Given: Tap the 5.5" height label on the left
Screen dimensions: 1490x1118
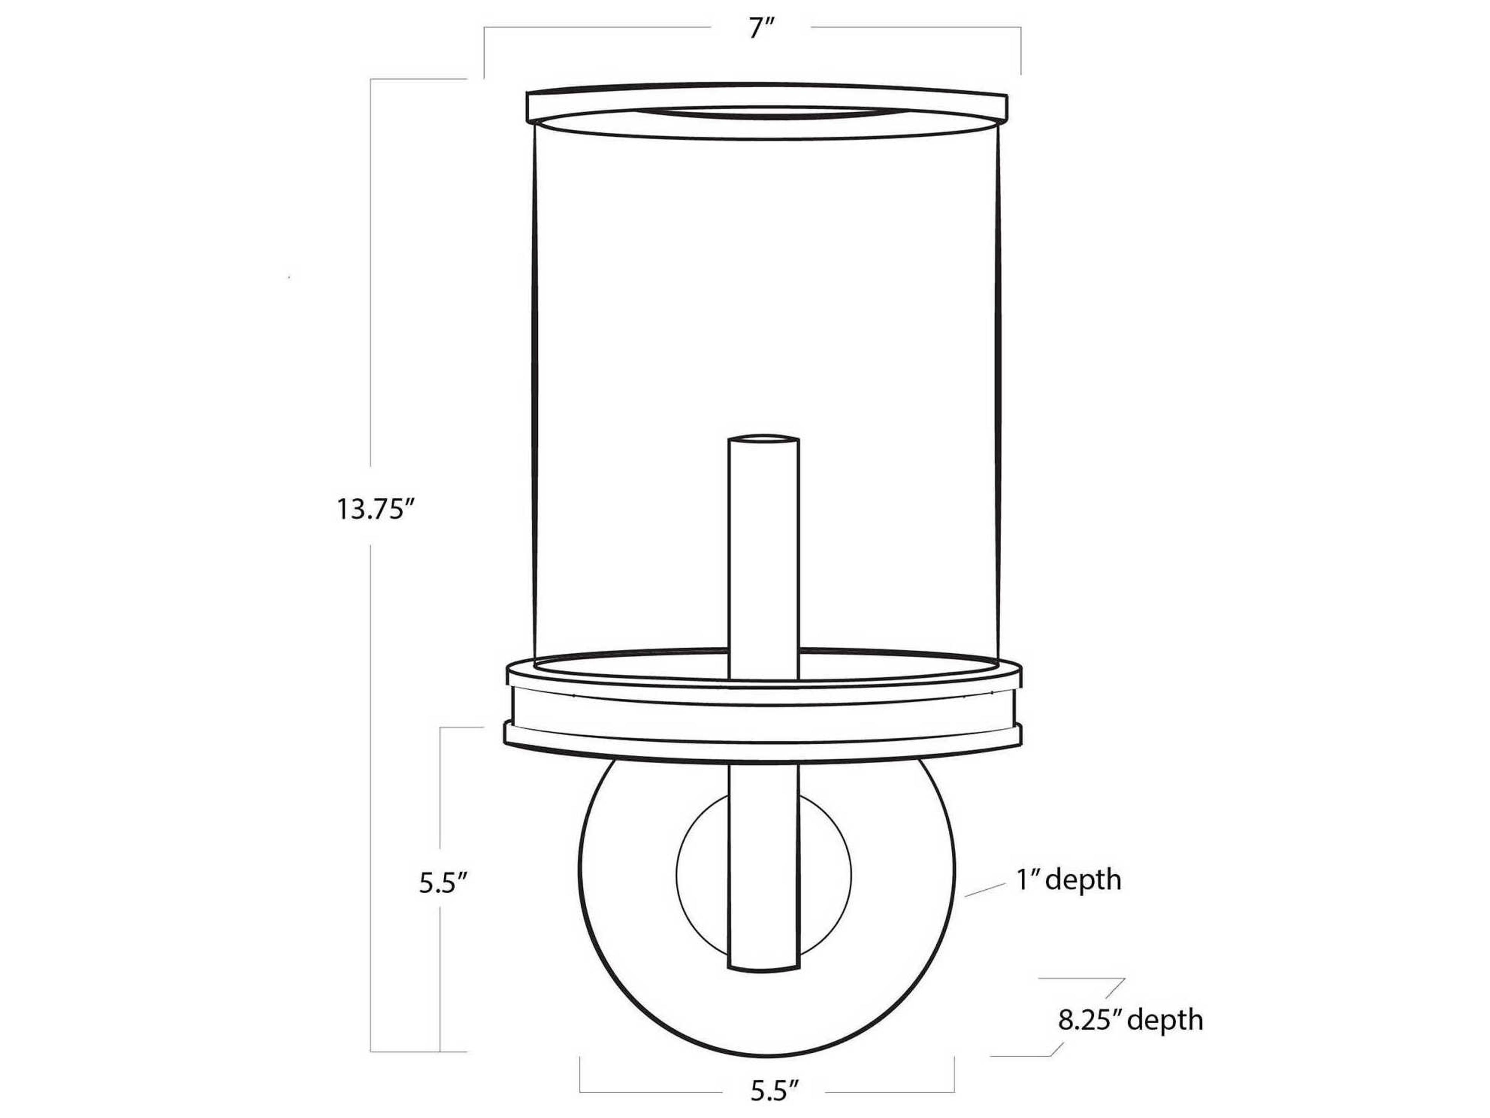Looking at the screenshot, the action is pyautogui.click(x=443, y=883).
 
